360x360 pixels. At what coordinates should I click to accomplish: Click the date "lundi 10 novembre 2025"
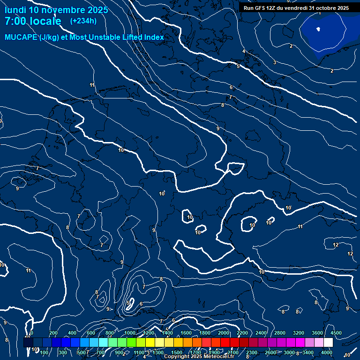tap(56, 10)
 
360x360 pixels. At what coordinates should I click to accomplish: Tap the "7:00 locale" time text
tap(33, 21)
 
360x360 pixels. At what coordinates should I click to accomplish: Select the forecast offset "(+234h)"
tap(83, 21)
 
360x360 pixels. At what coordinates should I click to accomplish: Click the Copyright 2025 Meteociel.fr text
tap(199, 357)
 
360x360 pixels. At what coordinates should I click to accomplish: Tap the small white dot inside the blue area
tap(318, 29)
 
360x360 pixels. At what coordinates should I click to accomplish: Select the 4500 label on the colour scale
tap(336, 333)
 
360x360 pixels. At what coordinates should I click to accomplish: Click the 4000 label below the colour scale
tap(327, 352)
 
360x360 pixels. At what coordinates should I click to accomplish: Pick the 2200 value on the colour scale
tap(242, 333)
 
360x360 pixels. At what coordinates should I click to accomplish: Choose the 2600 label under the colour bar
tap(270, 352)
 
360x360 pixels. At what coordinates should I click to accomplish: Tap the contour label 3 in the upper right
tap(275, 62)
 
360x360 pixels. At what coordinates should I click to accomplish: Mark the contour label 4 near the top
tap(244, 51)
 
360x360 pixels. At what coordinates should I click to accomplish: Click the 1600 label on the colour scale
tap(186, 333)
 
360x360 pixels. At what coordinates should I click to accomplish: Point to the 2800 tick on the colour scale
tap(280, 333)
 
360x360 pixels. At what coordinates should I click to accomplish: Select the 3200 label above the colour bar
tap(299, 333)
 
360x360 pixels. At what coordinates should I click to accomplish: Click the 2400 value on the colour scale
tap(261, 333)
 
